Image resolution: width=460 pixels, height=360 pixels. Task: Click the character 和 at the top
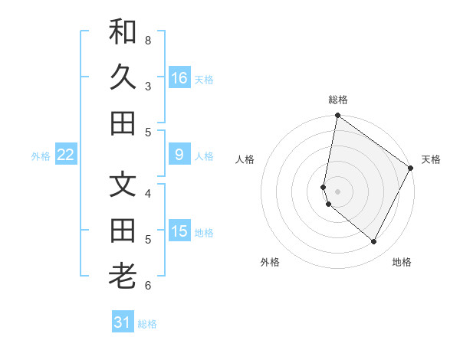pyautogui.click(x=123, y=31)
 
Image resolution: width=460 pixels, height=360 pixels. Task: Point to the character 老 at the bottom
pyautogui.click(x=123, y=275)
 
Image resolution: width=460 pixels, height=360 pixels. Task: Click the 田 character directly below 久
pyautogui.click(x=123, y=123)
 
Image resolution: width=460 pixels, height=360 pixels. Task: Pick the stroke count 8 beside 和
pyautogui.click(x=148, y=40)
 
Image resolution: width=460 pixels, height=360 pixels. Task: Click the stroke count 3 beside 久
pyautogui.click(x=148, y=86)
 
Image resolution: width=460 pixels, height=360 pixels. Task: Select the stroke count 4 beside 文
pyautogui.click(x=148, y=193)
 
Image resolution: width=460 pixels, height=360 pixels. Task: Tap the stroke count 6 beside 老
pyautogui.click(x=148, y=286)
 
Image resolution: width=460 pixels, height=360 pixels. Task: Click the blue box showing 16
pyautogui.click(x=179, y=78)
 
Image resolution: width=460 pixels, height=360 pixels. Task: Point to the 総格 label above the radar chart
pyautogui.click(x=337, y=100)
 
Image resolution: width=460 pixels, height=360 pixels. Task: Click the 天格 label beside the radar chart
pyautogui.click(x=431, y=159)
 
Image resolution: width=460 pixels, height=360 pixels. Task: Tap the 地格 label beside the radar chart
pyautogui.click(x=402, y=262)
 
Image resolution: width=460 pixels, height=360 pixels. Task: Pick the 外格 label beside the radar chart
pyautogui.click(x=270, y=262)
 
